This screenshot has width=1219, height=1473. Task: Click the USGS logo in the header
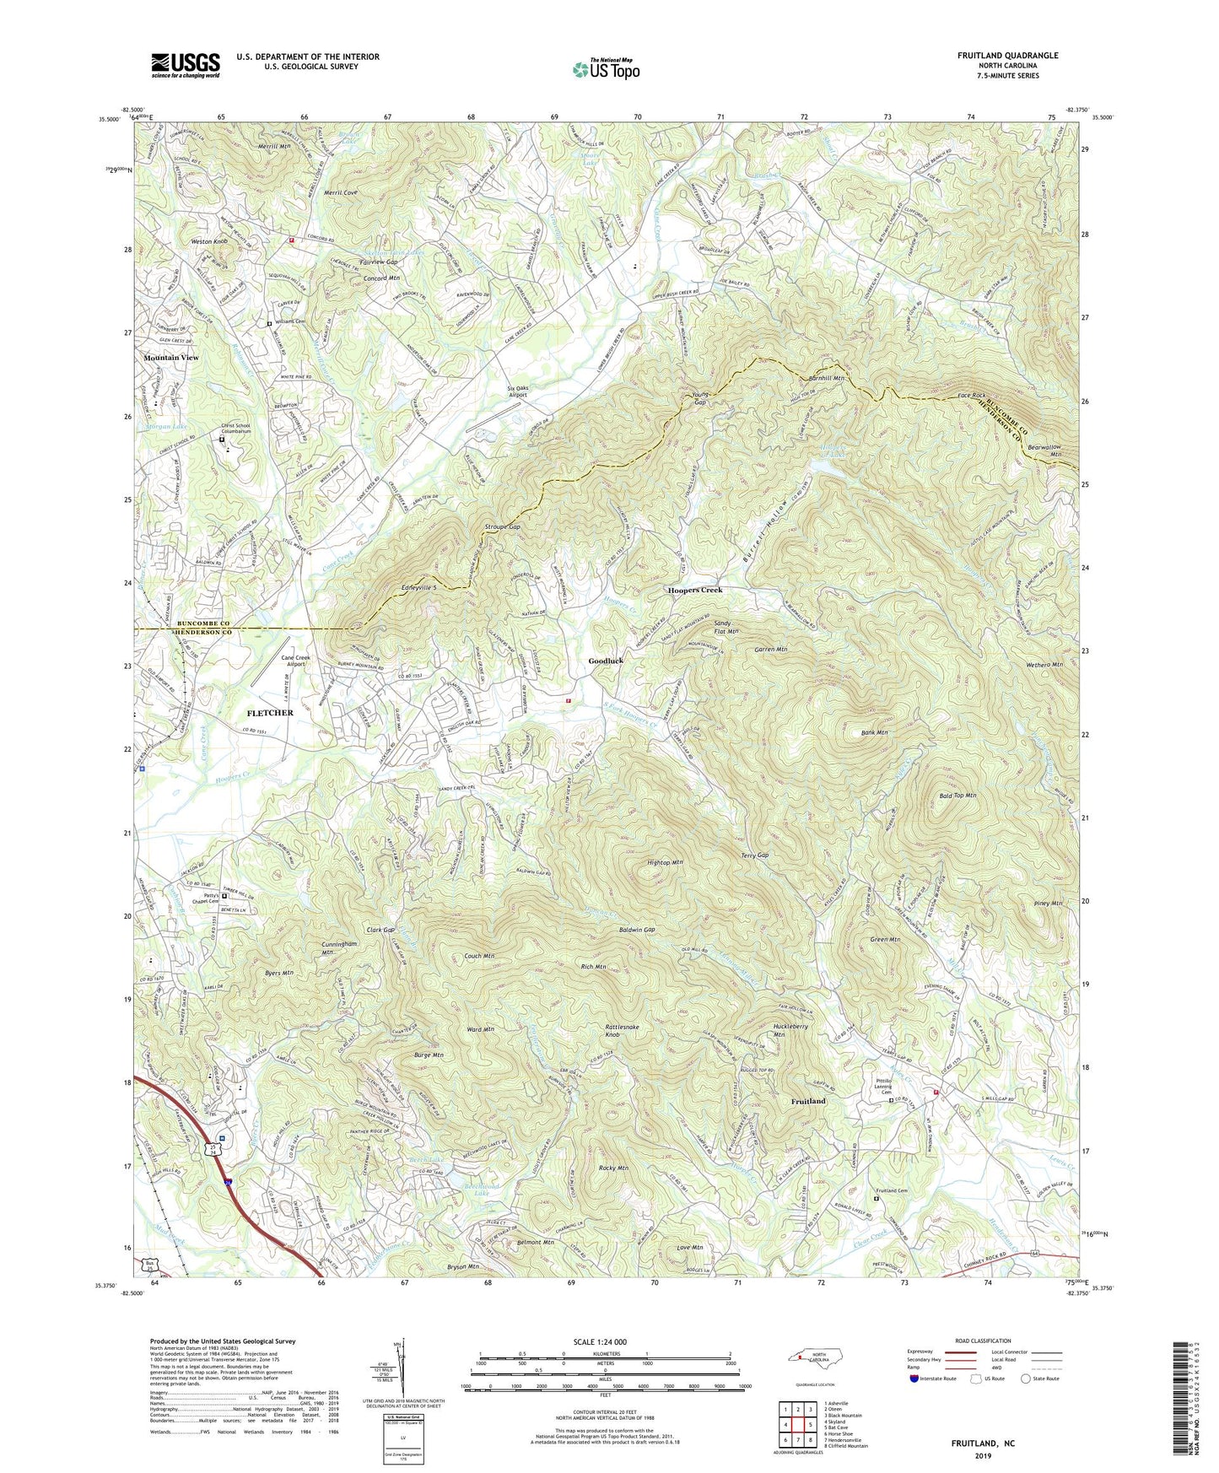(x=186, y=65)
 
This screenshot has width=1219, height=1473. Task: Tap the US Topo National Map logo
(x=606, y=68)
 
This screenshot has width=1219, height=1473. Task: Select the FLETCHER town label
(x=270, y=713)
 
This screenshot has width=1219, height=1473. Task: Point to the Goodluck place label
(x=606, y=661)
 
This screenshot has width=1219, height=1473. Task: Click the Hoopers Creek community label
(x=695, y=590)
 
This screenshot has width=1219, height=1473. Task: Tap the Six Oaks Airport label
(x=517, y=391)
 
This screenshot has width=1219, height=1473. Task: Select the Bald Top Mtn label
(x=957, y=796)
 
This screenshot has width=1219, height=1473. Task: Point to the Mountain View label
(x=171, y=358)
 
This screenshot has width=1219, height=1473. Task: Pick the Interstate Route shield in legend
(x=914, y=1379)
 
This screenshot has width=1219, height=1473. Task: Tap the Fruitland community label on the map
(x=808, y=1102)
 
